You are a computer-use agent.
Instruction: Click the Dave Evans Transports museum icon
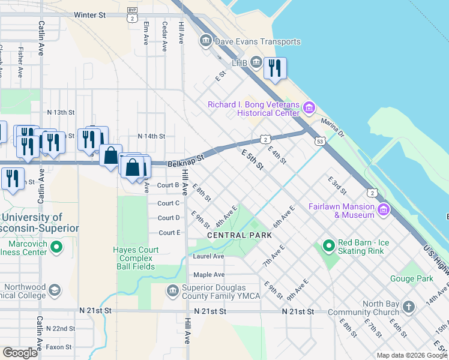point(206,41)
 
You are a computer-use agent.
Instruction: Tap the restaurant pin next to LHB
point(275,68)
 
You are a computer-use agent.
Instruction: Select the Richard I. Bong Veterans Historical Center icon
point(309,109)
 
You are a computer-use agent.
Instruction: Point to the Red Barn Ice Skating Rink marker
point(328,246)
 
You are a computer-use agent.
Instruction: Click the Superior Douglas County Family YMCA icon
point(173,290)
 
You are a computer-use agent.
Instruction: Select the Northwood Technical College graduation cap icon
point(55,291)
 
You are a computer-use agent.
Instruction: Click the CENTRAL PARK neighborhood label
point(237,236)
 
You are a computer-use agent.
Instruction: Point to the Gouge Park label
point(415,279)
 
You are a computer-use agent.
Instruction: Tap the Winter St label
point(89,15)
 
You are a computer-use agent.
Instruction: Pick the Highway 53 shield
point(318,141)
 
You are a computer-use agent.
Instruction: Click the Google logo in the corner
point(20,353)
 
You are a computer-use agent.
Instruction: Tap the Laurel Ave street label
point(208,256)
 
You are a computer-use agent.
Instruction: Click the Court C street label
point(168,203)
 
